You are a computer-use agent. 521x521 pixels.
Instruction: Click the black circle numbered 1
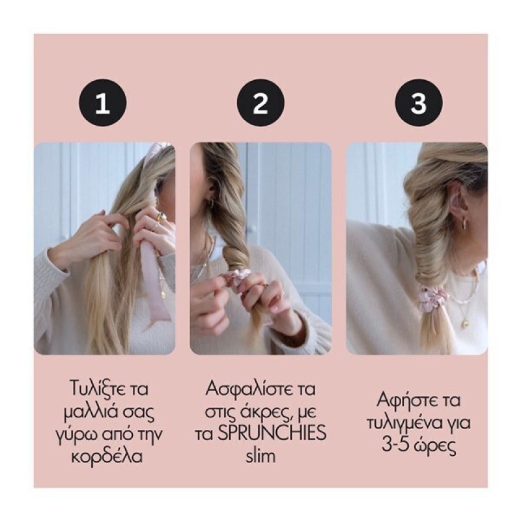click(103, 103)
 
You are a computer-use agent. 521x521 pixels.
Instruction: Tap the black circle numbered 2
click(260, 103)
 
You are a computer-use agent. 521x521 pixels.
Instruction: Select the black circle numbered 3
click(419, 103)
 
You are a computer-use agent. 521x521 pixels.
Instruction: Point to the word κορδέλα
click(107, 457)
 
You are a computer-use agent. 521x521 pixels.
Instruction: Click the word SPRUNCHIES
click(272, 433)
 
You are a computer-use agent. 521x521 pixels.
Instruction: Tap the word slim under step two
click(260, 456)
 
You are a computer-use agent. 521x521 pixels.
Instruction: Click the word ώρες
click(436, 446)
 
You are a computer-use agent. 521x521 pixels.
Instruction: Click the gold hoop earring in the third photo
click(463, 223)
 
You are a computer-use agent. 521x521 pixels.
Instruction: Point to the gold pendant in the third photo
click(464, 322)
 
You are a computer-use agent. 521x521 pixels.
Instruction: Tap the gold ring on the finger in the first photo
click(162, 217)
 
